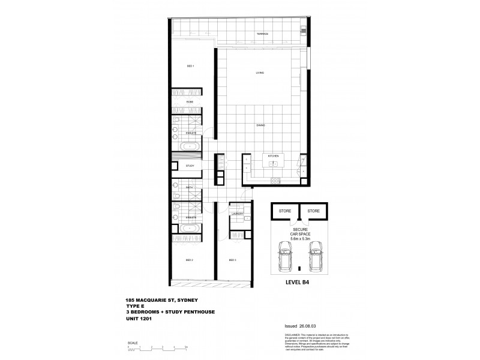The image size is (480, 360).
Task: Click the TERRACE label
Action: click(x=262, y=34)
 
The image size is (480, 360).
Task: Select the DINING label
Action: click(x=261, y=125)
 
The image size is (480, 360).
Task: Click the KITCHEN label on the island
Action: click(x=273, y=155)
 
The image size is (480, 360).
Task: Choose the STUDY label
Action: click(x=189, y=166)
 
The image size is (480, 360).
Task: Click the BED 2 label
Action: click(x=189, y=260)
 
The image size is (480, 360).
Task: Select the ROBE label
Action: click(x=190, y=103)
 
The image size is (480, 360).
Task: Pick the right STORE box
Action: click(x=314, y=211)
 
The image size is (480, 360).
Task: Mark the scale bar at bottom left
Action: click(x=158, y=350)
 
